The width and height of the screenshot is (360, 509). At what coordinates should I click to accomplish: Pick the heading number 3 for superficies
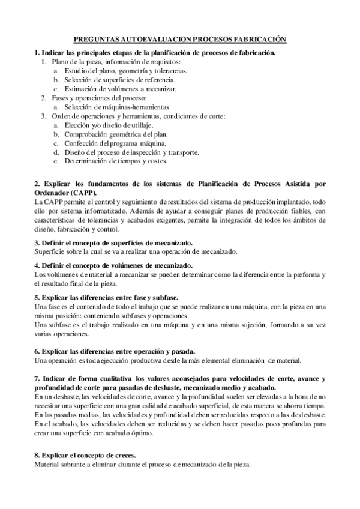37,242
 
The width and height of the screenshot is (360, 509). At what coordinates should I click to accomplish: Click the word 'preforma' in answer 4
306,274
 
